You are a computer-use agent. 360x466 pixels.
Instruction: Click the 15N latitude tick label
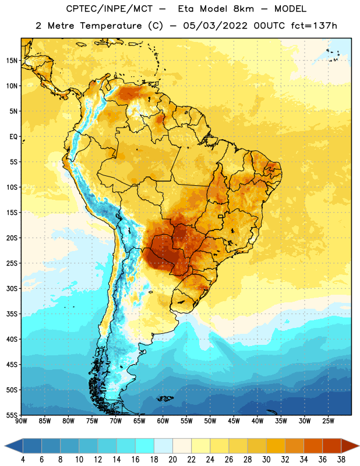point(12,61)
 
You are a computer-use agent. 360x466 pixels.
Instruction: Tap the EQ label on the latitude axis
point(13,137)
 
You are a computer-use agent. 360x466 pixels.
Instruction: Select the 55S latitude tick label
point(12,415)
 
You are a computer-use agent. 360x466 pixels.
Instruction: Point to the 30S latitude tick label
point(12,288)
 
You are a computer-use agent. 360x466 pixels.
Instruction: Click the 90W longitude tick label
point(21,421)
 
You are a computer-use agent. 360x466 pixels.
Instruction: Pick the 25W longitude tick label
point(328,421)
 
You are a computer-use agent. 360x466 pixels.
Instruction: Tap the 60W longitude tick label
point(163,421)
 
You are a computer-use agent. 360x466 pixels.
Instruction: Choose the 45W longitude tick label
point(234,421)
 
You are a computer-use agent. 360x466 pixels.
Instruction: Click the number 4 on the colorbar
point(23,460)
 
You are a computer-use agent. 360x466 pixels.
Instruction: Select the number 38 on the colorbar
point(341,460)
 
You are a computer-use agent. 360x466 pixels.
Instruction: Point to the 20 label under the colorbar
point(172,460)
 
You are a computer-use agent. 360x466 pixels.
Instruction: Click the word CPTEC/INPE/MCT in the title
point(109,9)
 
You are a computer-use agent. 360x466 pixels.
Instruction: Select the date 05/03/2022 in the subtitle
point(215,26)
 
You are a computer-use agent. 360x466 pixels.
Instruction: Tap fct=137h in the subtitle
point(314,26)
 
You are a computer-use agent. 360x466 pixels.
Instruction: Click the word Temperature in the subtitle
point(111,26)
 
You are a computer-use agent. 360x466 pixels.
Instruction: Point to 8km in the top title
point(243,9)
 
